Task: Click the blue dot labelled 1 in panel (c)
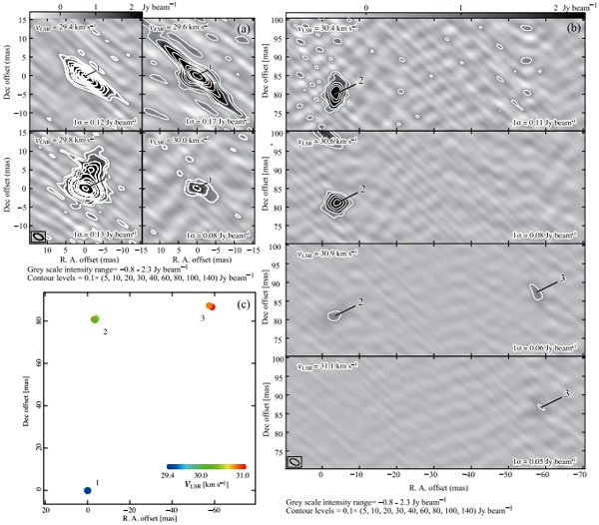click(x=87, y=490)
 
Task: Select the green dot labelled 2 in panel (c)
click(x=95, y=319)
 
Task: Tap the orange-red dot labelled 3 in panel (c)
click(x=210, y=306)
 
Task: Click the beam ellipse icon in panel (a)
click(x=38, y=237)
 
